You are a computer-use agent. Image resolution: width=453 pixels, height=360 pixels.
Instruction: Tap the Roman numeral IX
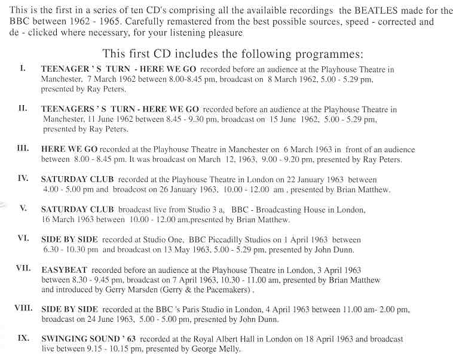[23, 338]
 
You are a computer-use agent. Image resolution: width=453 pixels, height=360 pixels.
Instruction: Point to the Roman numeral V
[23, 209]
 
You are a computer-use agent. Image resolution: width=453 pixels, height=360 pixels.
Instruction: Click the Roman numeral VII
[23, 268]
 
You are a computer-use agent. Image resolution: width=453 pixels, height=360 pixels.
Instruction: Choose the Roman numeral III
[23, 147]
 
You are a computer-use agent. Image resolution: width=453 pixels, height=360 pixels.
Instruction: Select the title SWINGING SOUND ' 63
[83, 339]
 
